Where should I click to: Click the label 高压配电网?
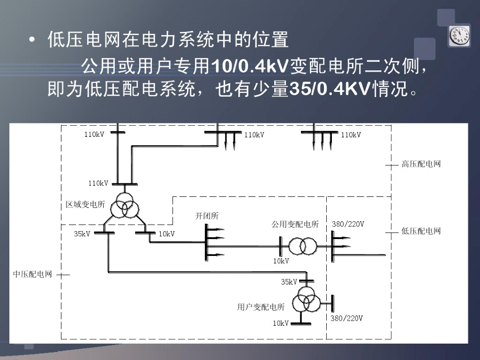click(x=421, y=165)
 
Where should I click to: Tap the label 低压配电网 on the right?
click(x=421, y=231)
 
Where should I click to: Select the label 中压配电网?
click(x=32, y=274)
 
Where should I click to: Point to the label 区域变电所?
click(x=85, y=205)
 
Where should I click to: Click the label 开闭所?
click(x=207, y=216)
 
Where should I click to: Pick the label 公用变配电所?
click(x=295, y=225)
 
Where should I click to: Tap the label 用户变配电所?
click(x=261, y=307)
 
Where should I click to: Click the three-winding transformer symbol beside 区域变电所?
click(x=124, y=205)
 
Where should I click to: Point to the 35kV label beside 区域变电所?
click(x=82, y=234)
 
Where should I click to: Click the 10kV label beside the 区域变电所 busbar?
click(x=166, y=234)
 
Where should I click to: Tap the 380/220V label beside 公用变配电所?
click(x=348, y=224)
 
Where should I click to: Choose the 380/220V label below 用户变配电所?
click(x=347, y=318)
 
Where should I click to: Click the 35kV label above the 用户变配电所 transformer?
click(x=289, y=282)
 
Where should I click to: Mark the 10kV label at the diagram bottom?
click(x=281, y=323)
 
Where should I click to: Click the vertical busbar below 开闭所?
click(x=206, y=242)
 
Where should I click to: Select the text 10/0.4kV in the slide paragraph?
click(x=251, y=67)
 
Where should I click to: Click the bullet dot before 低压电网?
click(x=32, y=41)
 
